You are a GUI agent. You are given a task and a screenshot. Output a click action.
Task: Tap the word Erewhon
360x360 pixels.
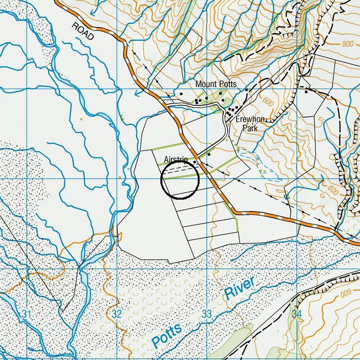point(250,119)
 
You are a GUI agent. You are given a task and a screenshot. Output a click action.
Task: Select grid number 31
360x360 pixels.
point(26,314)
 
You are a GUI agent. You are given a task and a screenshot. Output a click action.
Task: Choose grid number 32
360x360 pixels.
point(117,314)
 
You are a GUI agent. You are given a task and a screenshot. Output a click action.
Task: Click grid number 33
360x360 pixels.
point(206,314)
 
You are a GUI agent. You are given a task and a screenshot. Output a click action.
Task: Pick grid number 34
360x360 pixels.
point(296,314)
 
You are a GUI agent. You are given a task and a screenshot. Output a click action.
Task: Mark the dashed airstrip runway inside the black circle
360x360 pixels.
point(179,167)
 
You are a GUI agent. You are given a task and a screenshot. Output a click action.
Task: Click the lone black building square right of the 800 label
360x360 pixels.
point(306,91)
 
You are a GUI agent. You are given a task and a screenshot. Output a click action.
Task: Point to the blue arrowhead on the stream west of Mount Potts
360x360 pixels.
point(138,93)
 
